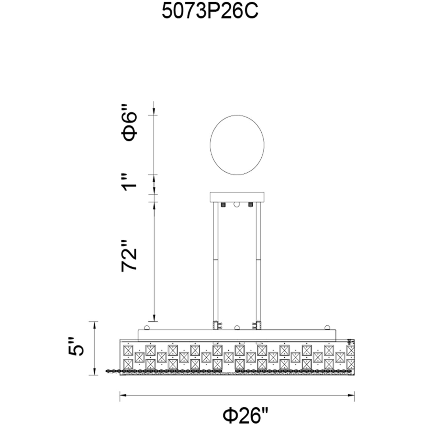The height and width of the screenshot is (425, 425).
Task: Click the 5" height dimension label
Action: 76,347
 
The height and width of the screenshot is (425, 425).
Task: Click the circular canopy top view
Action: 237,145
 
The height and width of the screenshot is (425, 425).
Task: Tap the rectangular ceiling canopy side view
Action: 237,197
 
